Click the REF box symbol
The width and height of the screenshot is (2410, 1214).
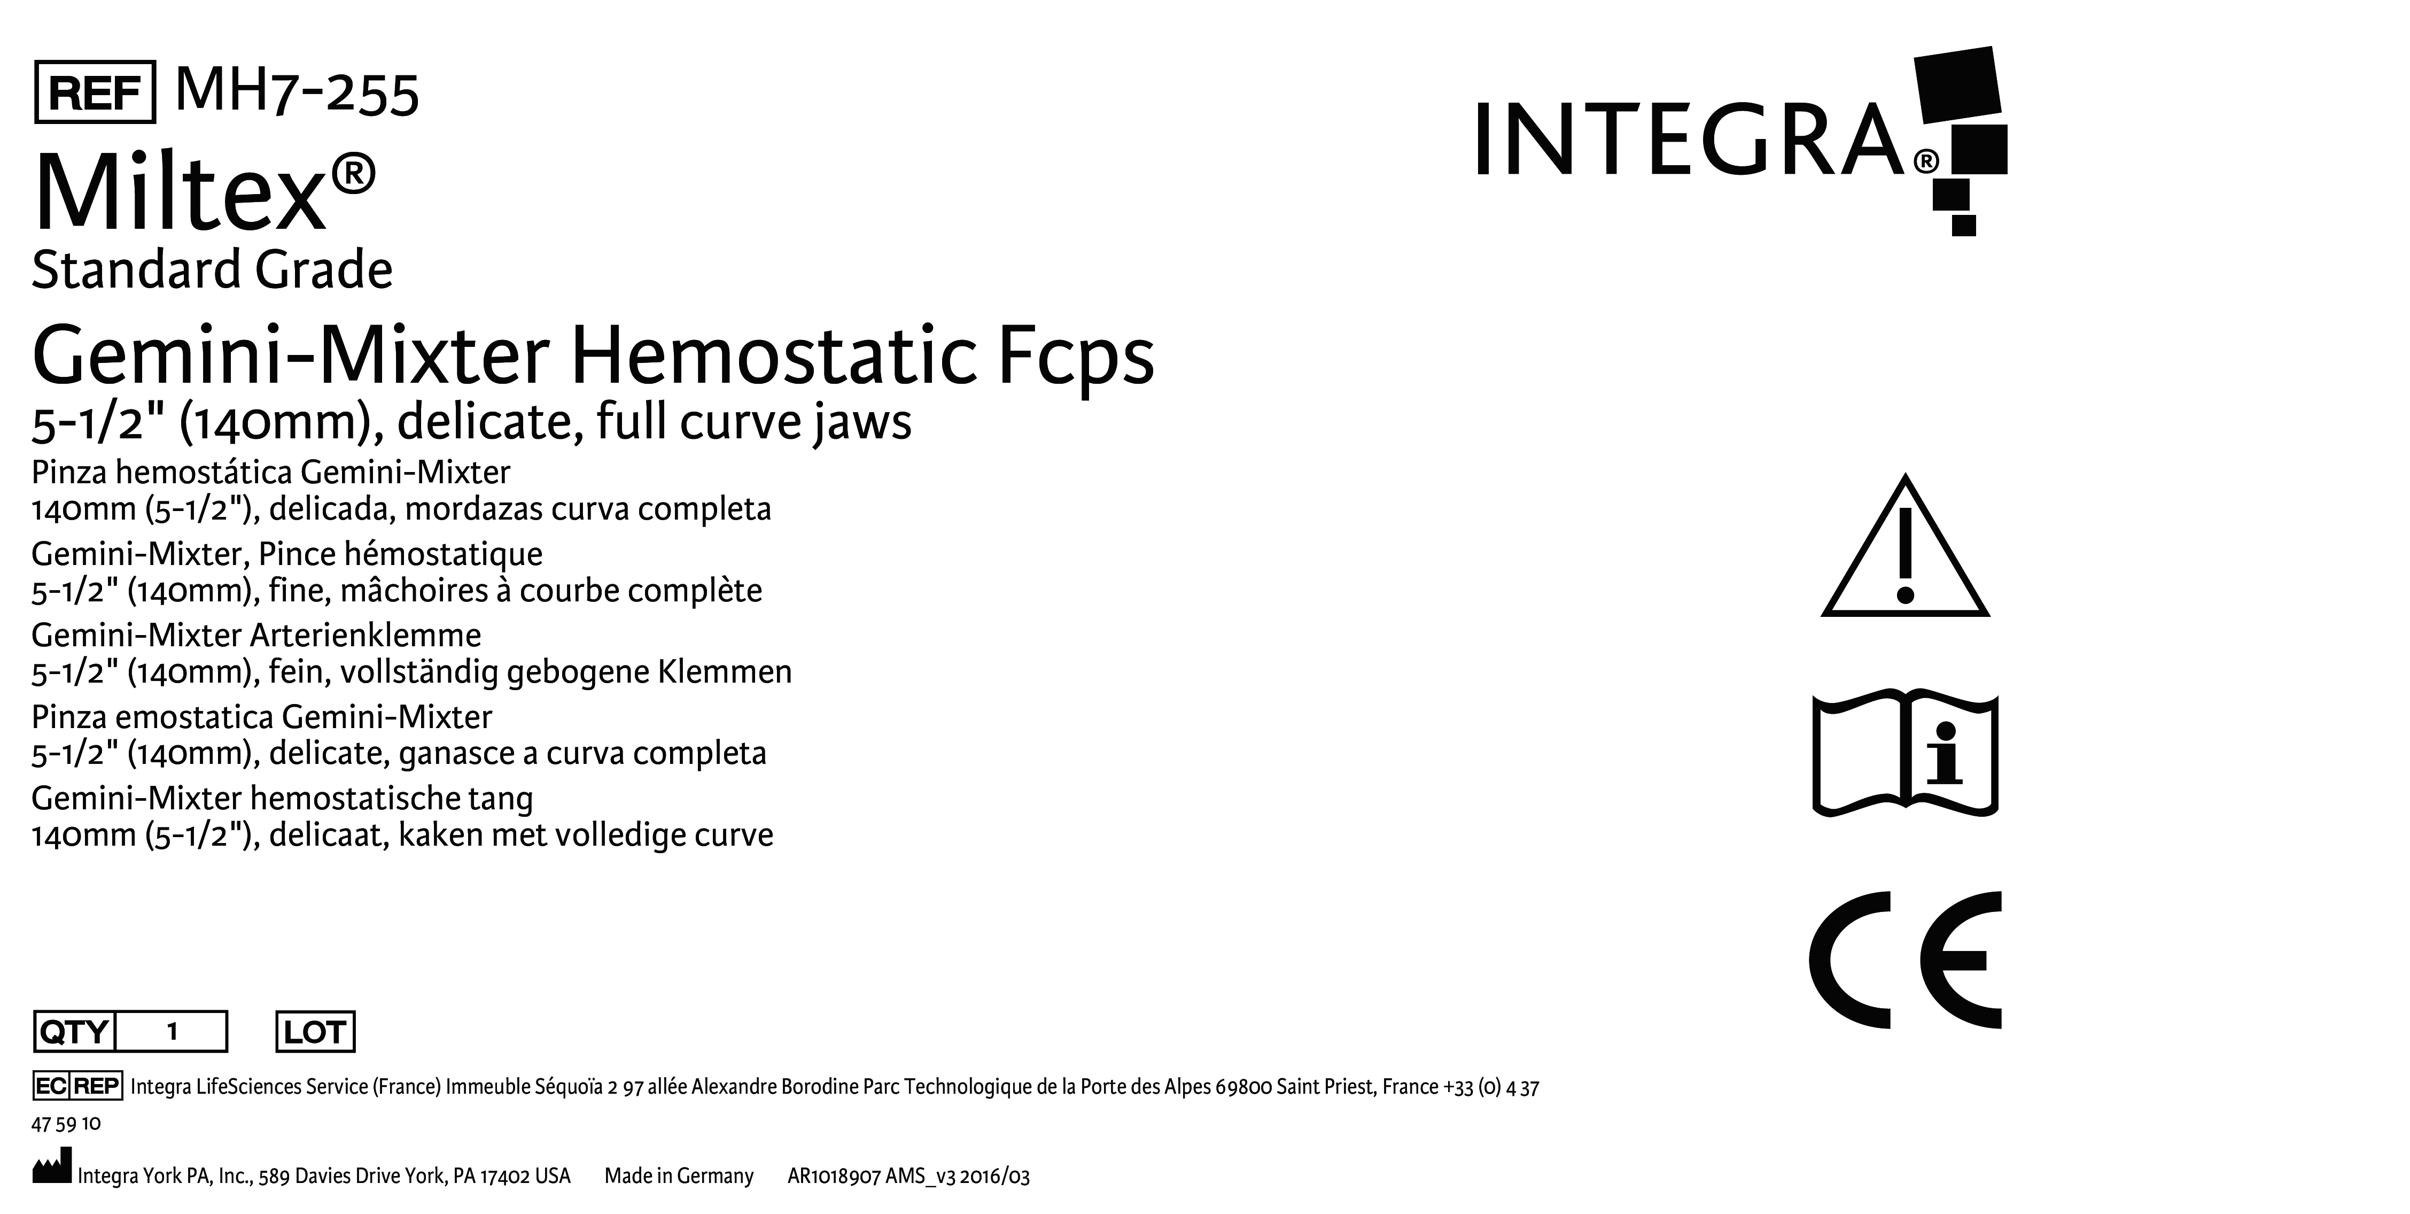tap(95, 92)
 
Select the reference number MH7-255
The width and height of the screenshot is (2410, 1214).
tap(297, 92)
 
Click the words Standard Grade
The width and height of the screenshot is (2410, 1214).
tap(212, 270)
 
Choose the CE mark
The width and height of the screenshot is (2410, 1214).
tap(1905, 960)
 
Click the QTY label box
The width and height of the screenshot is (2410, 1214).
tap(73, 1032)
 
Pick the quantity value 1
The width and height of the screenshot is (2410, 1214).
tap(172, 1032)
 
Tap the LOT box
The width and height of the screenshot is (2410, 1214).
tap(315, 1032)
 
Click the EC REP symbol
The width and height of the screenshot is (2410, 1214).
tap(77, 1086)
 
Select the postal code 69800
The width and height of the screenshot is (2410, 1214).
tap(1243, 1087)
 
